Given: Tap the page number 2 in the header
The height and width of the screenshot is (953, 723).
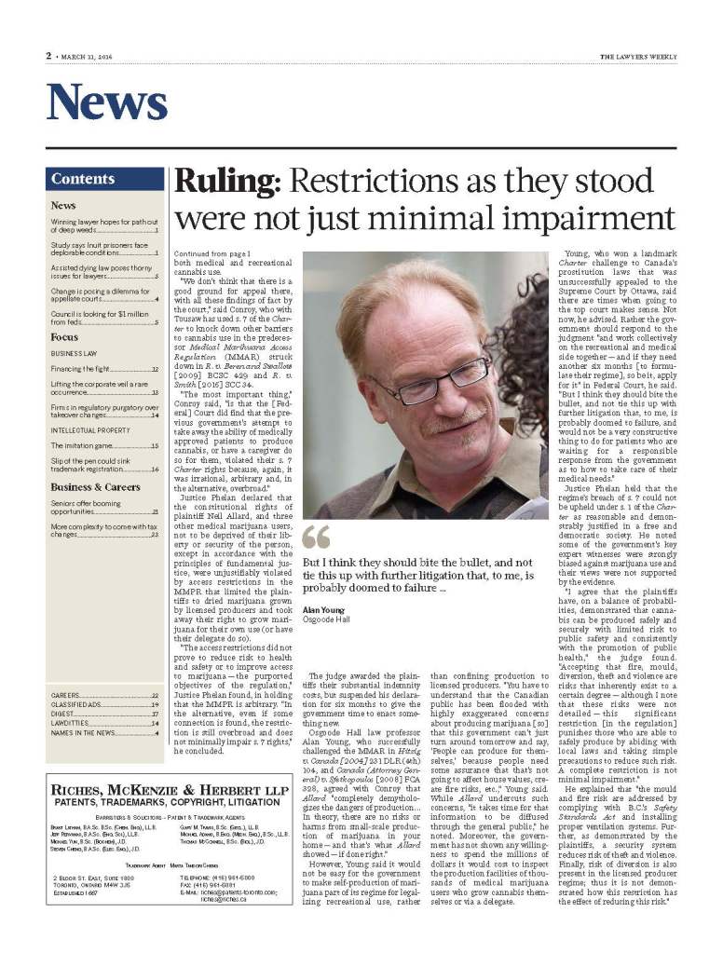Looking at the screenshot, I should click(48, 55).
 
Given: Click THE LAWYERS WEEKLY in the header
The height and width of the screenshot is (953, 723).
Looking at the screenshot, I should click(637, 55).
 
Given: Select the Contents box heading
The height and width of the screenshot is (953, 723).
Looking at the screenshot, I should click(83, 179).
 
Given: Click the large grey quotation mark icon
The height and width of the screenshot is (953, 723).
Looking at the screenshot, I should click(316, 538).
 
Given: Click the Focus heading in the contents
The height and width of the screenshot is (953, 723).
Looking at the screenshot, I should click(64, 336).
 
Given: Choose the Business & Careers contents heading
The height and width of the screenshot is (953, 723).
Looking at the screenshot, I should click(96, 486).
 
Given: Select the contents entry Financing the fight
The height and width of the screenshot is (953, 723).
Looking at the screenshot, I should click(85, 370).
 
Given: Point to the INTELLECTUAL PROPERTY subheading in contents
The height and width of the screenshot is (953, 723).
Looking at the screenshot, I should click(90, 430).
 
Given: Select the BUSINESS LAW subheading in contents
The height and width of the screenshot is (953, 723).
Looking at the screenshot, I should click(75, 354).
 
